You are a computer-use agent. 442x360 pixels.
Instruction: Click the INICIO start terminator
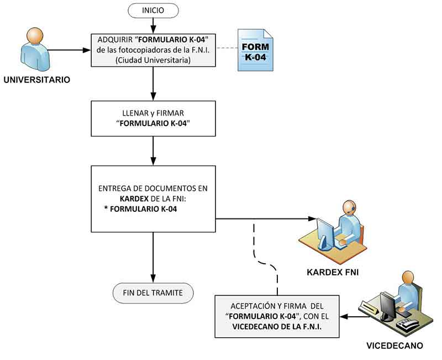[153, 9]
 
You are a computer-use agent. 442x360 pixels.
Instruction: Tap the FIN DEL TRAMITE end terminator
[153, 293]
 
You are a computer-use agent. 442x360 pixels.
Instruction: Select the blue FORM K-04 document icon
[256, 50]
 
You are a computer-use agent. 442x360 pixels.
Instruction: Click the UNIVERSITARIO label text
[37, 80]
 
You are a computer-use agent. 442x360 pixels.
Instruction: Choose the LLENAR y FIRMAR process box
[153, 118]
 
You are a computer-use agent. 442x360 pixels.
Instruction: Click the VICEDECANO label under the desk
[394, 346]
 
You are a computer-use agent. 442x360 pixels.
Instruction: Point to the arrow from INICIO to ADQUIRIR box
[153, 25]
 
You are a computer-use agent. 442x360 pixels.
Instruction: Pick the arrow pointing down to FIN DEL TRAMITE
[153, 257]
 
